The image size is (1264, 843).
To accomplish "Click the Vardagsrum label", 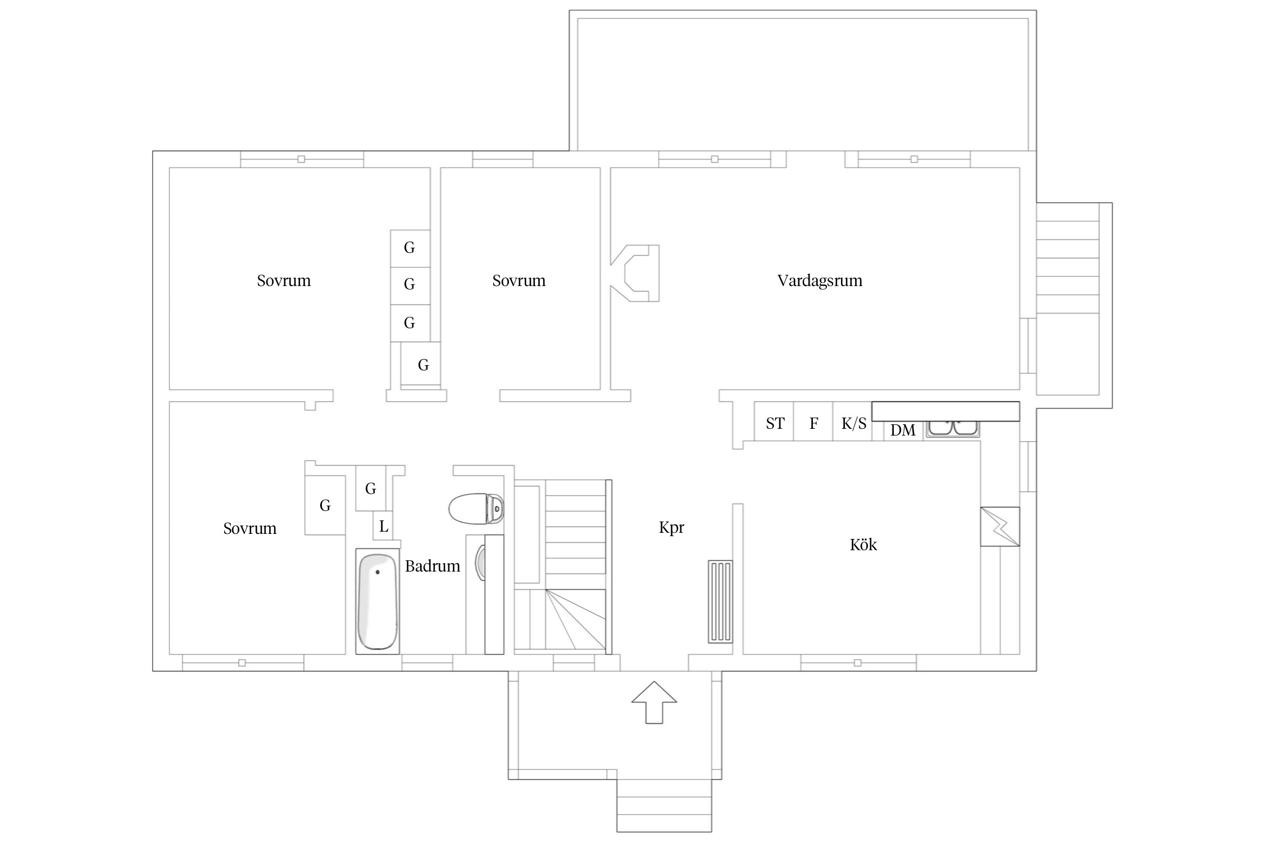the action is [820, 280].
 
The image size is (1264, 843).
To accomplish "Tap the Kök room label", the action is [863, 545].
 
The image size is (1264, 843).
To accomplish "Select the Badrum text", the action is [433, 566].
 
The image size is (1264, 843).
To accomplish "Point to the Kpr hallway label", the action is [671, 528].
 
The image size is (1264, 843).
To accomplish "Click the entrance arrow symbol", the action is [654, 703].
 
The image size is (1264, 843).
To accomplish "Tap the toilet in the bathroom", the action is [476, 509].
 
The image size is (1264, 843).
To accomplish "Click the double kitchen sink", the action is [953, 429].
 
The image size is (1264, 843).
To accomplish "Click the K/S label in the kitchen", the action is [854, 423].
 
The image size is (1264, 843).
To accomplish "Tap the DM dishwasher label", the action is [903, 430].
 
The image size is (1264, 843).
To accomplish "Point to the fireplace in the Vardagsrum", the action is [635, 273].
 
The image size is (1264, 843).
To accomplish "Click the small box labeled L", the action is [383, 527].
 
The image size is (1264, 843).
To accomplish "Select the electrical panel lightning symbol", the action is [1000, 527].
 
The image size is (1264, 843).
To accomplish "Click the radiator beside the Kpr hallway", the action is [720, 601].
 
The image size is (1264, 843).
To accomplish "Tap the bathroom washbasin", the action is [481, 561].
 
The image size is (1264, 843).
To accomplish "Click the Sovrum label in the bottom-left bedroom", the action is [250, 528].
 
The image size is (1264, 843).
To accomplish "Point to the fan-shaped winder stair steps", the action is [575, 621].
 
